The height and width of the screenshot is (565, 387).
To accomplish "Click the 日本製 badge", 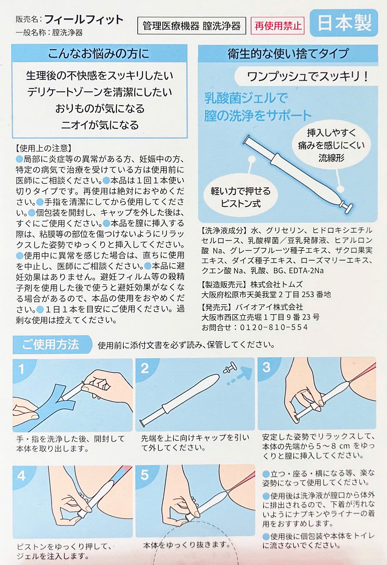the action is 344,23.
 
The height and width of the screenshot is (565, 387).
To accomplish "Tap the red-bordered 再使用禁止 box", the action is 278,26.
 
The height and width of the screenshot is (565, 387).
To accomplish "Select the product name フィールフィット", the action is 84,19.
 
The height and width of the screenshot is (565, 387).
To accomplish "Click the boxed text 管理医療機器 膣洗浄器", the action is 191,26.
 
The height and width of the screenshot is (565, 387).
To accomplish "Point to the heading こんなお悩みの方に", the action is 99,53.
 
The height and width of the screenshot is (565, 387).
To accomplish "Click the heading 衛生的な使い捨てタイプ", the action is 288,53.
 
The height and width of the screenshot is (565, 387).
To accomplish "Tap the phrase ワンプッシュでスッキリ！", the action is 308,76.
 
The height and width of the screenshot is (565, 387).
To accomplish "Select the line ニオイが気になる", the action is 100,125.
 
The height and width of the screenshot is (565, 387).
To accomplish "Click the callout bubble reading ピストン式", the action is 240,197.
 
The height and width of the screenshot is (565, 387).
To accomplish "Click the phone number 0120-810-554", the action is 274,327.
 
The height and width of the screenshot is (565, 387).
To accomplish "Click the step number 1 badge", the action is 21,369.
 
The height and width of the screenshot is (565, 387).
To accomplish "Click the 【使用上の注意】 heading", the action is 44,148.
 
